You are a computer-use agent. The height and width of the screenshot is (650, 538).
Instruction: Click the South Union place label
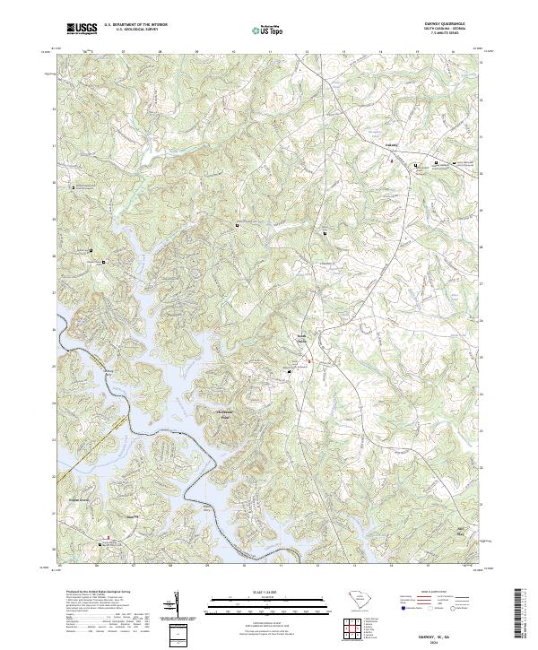coord(303,340)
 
